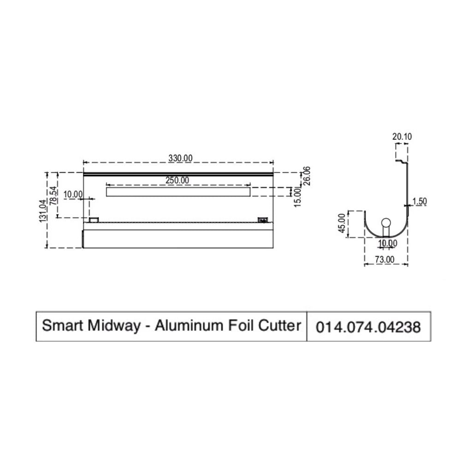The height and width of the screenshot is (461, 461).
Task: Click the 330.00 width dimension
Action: [x=180, y=158]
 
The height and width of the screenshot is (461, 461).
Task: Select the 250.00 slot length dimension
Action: [x=177, y=181]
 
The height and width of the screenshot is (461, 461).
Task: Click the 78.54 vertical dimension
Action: [x=54, y=195]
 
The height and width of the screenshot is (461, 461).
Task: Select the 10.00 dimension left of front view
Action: [x=73, y=195]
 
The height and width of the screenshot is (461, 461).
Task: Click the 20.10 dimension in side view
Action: [x=402, y=136]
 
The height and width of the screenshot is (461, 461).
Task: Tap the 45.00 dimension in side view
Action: [x=342, y=224]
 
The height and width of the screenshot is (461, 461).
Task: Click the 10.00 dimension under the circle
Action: [x=387, y=243]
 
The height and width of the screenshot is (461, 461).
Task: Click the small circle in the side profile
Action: [x=386, y=223]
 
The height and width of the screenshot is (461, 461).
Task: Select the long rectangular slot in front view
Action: [x=178, y=191]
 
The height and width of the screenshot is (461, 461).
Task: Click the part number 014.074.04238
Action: [x=368, y=327]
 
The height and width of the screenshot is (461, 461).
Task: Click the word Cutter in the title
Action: [x=281, y=325]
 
